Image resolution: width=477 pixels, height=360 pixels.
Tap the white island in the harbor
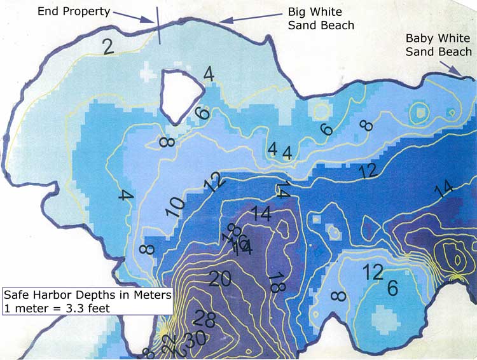tap(176, 95)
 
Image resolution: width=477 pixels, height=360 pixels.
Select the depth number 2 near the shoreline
tap(107, 46)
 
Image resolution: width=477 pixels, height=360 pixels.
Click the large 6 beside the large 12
tap(393, 288)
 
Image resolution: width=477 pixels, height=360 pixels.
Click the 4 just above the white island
tap(209, 74)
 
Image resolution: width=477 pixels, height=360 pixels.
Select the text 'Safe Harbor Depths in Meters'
tap(86, 295)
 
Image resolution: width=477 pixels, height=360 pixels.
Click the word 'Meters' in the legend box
tap(150, 295)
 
